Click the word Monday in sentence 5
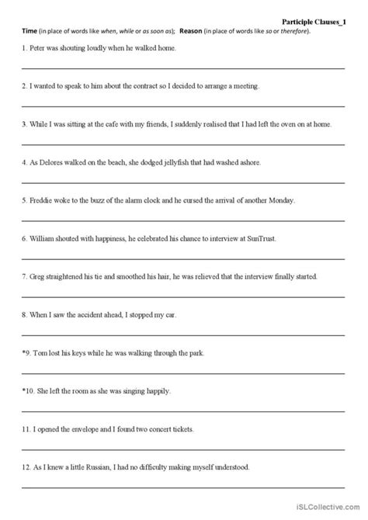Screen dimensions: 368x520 click(279, 199)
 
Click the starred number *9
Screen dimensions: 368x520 click(27, 350)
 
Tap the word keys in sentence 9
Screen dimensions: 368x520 click(84, 350)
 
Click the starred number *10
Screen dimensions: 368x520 click(29, 389)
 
